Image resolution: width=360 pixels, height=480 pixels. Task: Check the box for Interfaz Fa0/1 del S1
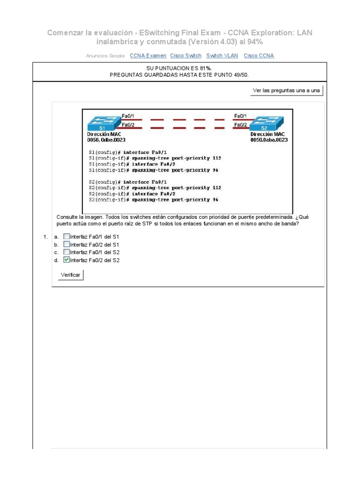coord(66,237)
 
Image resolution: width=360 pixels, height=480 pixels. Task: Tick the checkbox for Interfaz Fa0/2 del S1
coord(66,244)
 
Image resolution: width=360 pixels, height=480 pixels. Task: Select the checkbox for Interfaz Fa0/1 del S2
coord(66,252)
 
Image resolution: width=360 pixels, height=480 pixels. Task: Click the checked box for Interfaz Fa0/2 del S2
coord(66,260)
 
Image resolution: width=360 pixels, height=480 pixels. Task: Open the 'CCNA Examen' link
coord(148,56)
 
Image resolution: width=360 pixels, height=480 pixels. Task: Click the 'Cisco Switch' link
coord(186,56)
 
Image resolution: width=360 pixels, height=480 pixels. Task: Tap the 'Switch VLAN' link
coord(222,56)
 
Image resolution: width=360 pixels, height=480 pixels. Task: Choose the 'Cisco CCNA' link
coord(259,56)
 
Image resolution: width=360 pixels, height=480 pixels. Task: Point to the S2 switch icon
coord(265,124)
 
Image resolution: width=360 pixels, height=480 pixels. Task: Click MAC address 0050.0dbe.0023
coord(106,140)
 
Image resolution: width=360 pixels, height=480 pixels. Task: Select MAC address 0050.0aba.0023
coord(269,140)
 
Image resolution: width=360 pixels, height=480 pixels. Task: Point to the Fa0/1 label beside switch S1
coord(128,116)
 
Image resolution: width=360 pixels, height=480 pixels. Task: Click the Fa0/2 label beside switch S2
coord(240,125)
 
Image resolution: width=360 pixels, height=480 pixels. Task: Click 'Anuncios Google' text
coord(105,56)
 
